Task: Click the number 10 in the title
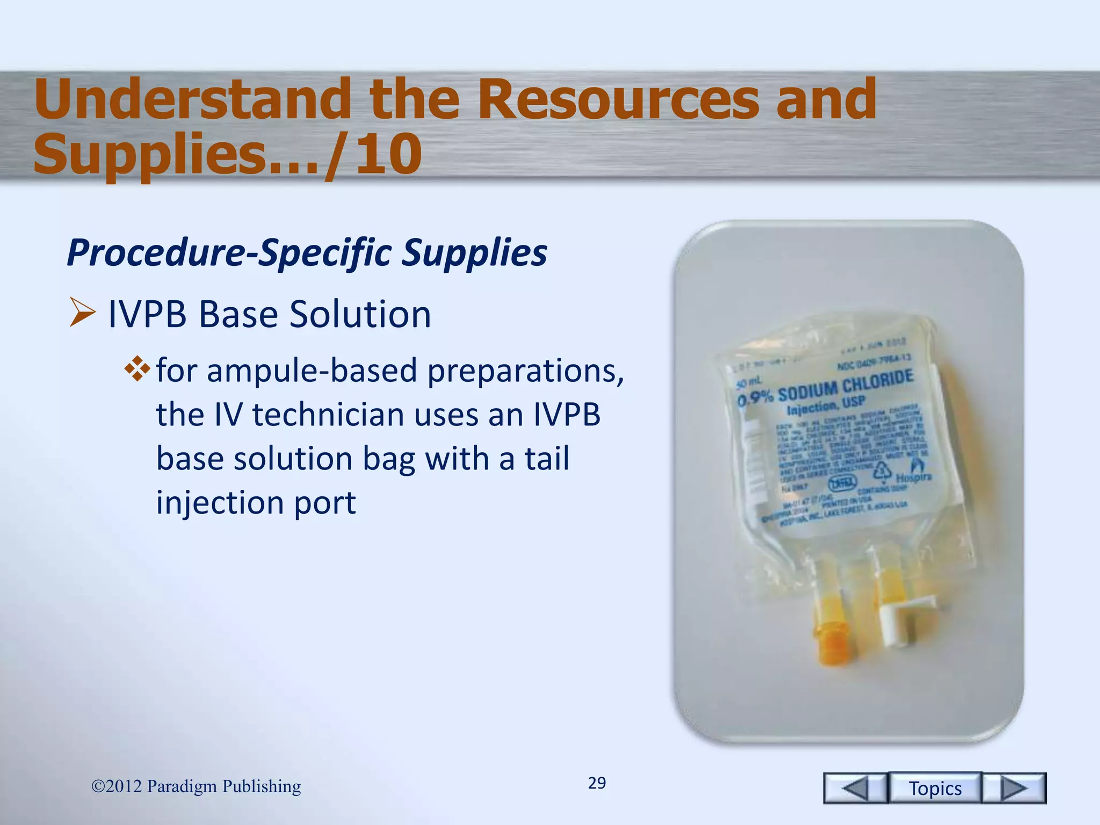[x=388, y=155]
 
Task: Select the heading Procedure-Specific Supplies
[x=307, y=252]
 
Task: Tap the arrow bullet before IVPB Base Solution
[x=82, y=314]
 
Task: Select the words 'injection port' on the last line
[x=256, y=503]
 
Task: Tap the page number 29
[x=597, y=783]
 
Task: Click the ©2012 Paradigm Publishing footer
[x=196, y=786]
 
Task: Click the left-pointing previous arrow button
[x=855, y=788]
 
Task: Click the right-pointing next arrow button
[x=1014, y=788]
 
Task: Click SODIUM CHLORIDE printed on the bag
[x=845, y=386]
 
